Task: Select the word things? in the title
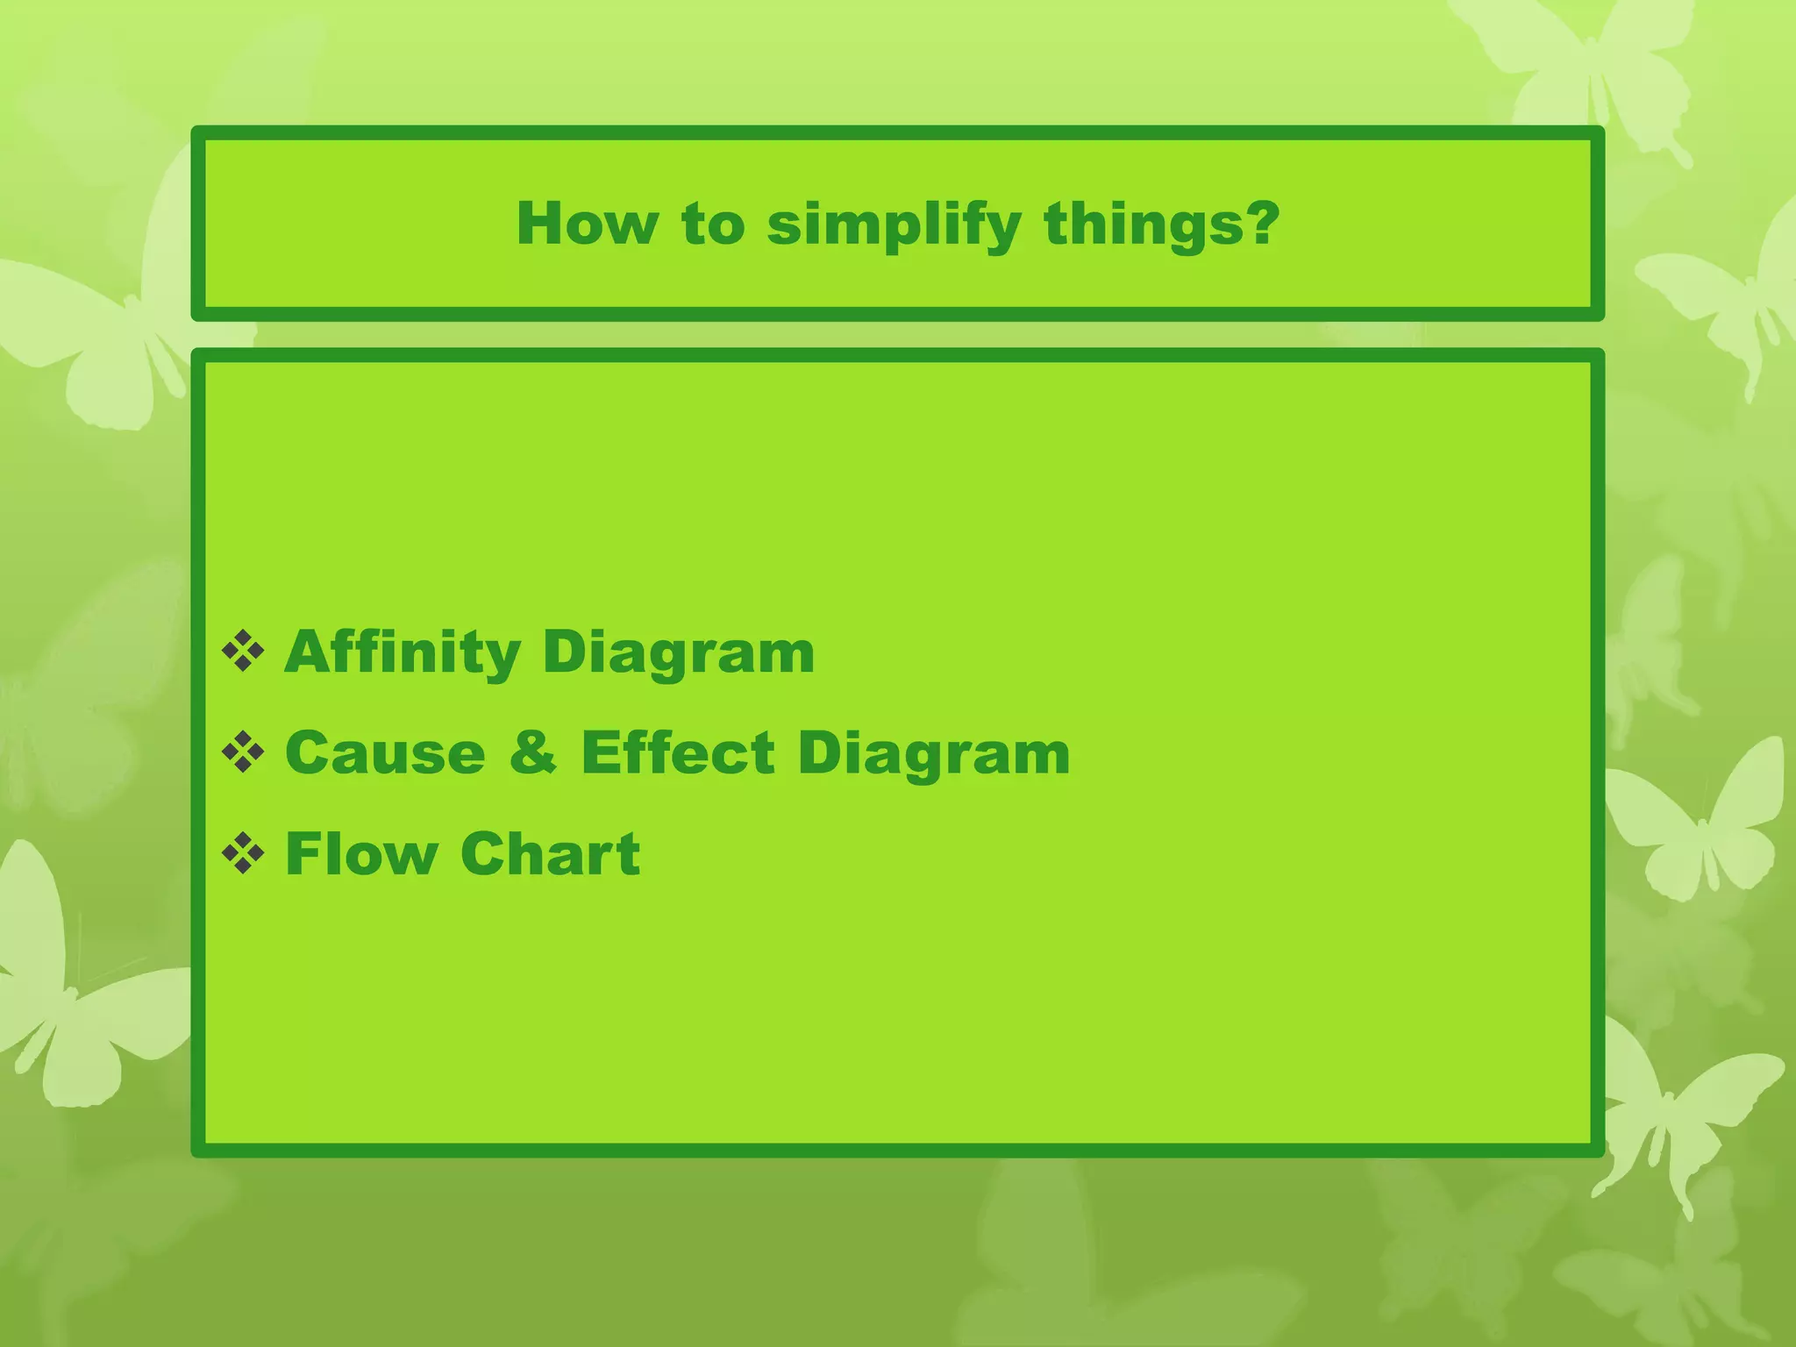(x=1161, y=224)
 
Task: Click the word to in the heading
(x=712, y=224)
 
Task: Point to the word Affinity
(x=403, y=652)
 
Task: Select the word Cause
(x=385, y=752)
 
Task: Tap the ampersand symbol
(x=532, y=752)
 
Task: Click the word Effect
(x=678, y=752)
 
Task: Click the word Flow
(x=361, y=853)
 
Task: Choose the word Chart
(x=550, y=853)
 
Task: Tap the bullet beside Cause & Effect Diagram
(x=243, y=753)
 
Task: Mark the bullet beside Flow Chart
(x=243, y=854)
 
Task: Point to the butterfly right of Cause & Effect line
(x=1697, y=824)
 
